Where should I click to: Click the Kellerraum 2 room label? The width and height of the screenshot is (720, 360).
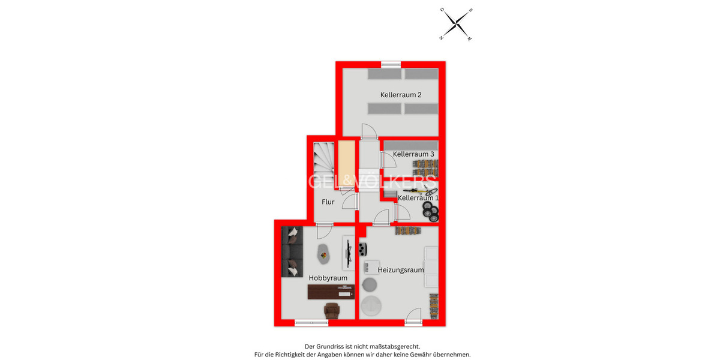click(400, 95)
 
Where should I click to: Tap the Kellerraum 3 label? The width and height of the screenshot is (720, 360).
click(413, 154)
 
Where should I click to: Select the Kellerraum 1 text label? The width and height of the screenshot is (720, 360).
click(418, 198)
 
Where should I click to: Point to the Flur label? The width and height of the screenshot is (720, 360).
click(328, 202)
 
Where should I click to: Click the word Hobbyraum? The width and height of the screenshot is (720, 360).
click(328, 278)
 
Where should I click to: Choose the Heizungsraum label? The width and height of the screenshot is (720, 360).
click(401, 270)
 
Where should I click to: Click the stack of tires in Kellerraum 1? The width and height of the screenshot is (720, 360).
click(430, 210)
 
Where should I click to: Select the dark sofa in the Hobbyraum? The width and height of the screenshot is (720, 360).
click(292, 252)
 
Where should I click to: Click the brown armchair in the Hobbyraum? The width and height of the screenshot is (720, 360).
click(332, 311)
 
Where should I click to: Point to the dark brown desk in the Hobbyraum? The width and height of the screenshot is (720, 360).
click(331, 292)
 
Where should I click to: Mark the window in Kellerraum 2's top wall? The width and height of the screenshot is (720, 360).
click(391, 64)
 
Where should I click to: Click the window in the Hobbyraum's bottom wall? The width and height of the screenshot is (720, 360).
click(311, 323)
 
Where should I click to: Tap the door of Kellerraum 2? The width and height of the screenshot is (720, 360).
click(368, 131)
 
